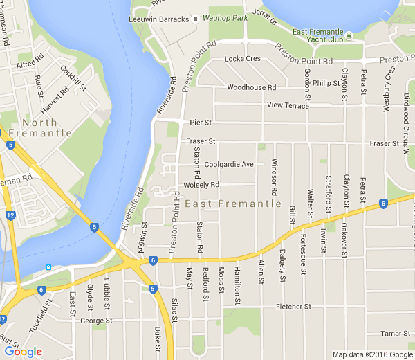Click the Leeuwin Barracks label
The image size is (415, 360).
click(158, 19)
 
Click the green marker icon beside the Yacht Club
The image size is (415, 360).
click(349, 35)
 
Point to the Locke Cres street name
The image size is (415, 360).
click(243, 59)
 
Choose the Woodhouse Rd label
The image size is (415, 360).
click(251, 88)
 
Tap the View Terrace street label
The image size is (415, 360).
click(288, 105)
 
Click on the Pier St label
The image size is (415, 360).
click(200, 123)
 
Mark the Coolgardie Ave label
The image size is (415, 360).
click(230, 164)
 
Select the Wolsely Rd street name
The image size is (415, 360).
click(201, 185)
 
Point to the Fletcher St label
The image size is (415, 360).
click(293, 307)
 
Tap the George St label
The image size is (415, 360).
click(96, 321)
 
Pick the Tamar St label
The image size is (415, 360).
click(396, 334)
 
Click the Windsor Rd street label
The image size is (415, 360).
click(275, 176)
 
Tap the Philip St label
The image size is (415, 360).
click(322, 83)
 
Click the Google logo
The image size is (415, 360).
click(23, 352)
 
